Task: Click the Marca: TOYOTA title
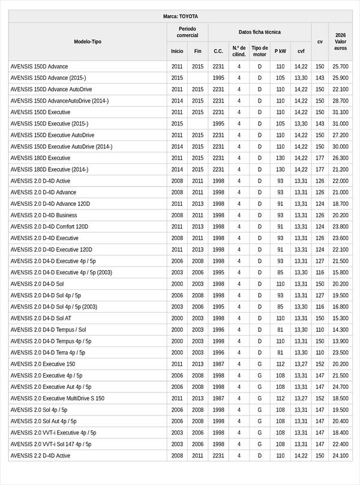point(180,16)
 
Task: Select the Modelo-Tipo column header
point(88,41)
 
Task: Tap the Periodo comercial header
point(187,32)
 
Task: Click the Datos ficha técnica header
point(259,32)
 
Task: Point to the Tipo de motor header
point(260,51)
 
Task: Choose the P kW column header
point(280,51)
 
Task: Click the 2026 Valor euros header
point(340,41)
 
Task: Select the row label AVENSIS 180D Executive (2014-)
point(49,169)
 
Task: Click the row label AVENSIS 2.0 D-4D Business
point(44,215)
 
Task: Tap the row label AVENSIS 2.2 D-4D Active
point(40,456)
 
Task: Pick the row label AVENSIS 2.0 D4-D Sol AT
point(41,318)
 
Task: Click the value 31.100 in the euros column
point(340,112)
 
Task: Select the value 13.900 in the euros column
point(340,341)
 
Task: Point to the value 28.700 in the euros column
point(340,101)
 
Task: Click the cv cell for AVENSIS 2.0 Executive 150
point(320,364)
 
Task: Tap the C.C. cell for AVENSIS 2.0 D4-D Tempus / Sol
point(218,330)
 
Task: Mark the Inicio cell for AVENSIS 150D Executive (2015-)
point(177,124)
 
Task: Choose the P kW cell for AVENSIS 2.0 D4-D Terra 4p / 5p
point(280,352)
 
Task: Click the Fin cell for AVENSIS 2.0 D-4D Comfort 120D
point(197,226)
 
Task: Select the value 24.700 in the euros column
point(340,387)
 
